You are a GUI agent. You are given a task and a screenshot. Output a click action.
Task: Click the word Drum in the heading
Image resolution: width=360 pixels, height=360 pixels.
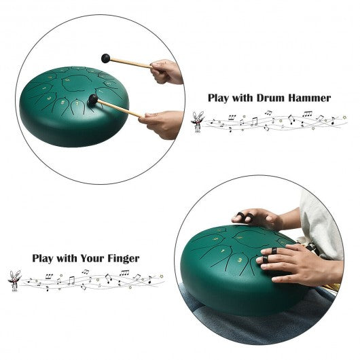point(271,98)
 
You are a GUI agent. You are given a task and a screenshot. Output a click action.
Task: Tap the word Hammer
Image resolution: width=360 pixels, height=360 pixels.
point(310,98)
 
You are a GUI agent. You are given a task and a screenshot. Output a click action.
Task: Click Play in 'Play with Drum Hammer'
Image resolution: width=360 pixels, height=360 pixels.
point(218,98)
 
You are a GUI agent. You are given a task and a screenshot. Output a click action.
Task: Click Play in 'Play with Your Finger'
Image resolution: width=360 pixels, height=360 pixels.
point(43,259)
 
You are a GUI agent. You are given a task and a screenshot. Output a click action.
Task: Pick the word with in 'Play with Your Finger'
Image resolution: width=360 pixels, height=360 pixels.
point(67,258)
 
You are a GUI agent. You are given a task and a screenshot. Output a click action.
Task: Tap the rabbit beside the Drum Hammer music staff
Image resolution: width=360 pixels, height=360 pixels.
point(198,122)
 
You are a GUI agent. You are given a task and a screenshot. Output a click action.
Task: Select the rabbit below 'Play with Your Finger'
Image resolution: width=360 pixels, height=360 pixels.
point(14,281)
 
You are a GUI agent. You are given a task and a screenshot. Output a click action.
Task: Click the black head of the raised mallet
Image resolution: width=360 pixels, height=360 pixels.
point(105,58)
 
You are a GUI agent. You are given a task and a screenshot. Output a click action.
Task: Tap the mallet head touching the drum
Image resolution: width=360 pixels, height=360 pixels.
point(93,99)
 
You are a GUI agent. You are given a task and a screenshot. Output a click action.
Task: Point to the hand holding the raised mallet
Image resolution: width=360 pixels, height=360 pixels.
point(166,71)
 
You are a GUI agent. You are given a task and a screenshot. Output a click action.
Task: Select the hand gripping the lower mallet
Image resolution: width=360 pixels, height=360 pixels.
point(162,124)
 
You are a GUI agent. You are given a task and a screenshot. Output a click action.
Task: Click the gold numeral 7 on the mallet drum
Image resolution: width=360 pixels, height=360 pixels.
point(77,103)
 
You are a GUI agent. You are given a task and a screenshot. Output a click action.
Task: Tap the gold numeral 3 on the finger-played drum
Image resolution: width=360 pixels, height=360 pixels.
point(240,259)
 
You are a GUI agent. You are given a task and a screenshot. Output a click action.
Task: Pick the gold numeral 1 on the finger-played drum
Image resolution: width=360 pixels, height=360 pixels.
point(223,250)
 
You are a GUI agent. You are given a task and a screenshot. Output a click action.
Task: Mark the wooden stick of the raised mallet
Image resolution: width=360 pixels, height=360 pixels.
point(130,63)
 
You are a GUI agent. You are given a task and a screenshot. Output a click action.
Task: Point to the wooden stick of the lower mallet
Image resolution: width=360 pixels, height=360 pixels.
point(120,109)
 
